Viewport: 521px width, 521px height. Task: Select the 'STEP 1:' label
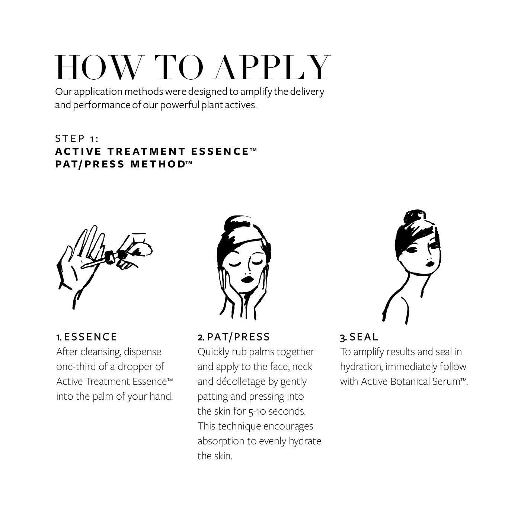pyautogui.click(x=77, y=139)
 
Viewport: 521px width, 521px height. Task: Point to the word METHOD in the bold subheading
pyautogui.click(x=158, y=164)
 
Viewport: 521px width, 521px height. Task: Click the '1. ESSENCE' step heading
pyautogui.click(x=87, y=337)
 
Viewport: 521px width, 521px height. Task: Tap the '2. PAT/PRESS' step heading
pyautogui.click(x=234, y=337)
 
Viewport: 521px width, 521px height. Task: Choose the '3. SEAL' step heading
pyautogui.click(x=359, y=337)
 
